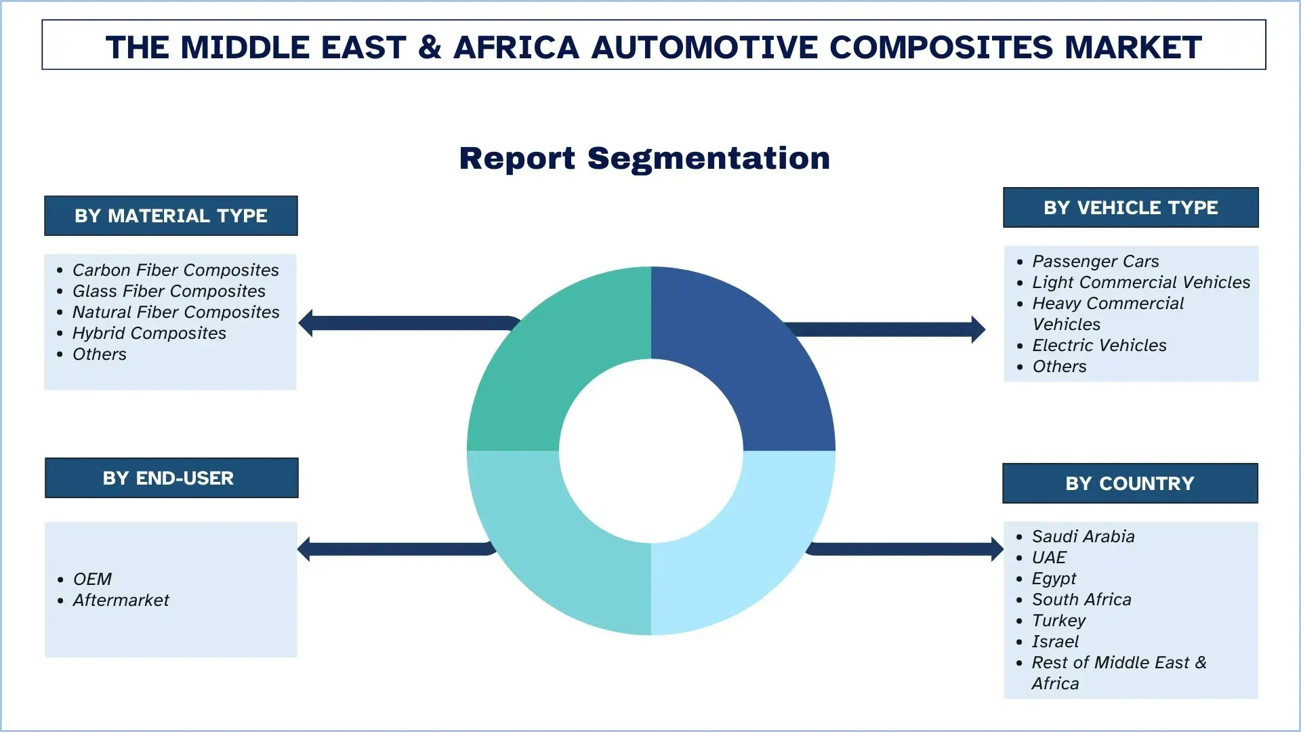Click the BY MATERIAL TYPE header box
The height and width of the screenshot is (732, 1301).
[x=171, y=216]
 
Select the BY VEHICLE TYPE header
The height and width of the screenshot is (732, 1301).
[x=1130, y=207]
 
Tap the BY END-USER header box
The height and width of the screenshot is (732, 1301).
[x=171, y=478]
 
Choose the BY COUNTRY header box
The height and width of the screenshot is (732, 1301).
[x=1130, y=483]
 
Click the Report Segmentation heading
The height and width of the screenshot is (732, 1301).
[x=644, y=159]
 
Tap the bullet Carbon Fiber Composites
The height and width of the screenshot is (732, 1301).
[x=175, y=270]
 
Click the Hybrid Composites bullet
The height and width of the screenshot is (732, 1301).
[x=149, y=333]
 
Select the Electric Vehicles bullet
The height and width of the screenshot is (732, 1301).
[x=1099, y=345]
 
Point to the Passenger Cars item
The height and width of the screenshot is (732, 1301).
[x=1095, y=261]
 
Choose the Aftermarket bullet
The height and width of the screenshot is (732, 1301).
[x=121, y=600]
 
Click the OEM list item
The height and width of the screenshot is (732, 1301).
[x=92, y=579]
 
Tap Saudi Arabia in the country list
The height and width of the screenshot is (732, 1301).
[x=1083, y=536]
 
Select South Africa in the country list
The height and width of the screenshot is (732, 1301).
[x=1081, y=599]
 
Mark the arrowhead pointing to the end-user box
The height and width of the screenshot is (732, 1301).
[x=304, y=549]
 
